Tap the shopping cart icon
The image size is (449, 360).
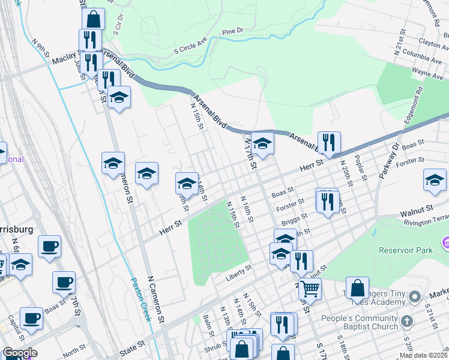click(x=310, y=289)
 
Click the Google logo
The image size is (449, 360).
click(x=20, y=353)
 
